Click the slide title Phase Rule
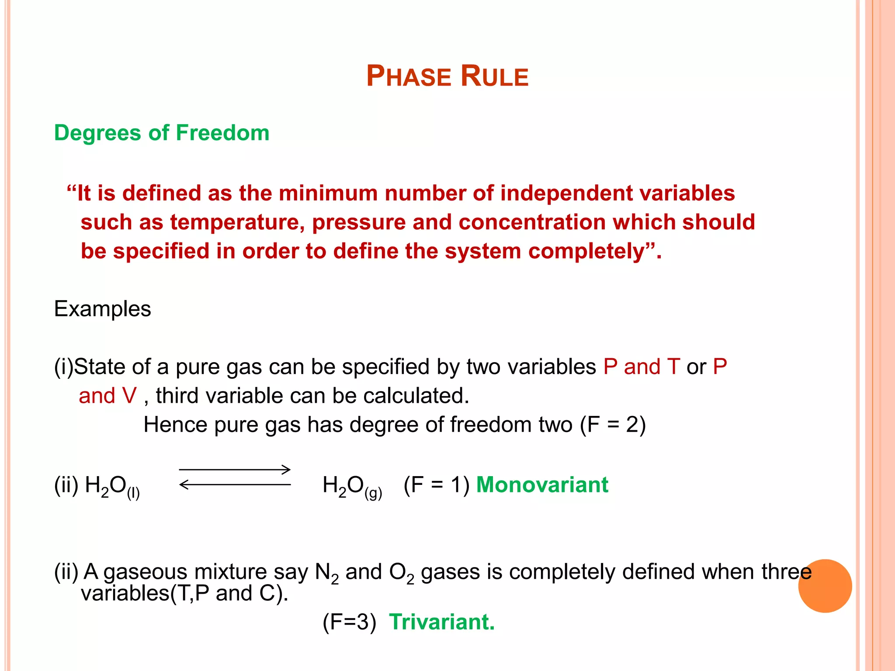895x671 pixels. (x=447, y=76)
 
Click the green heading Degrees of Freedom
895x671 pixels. (x=162, y=133)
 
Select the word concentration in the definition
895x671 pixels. (x=531, y=222)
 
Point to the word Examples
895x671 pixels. (x=103, y=309)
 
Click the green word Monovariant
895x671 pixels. (x=542, y=485)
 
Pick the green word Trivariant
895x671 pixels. (x=441, y=622)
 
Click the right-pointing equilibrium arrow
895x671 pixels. (x=235, y=470)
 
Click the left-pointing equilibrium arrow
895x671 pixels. (x=235, y=484)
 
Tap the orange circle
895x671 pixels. (x=825, y=586)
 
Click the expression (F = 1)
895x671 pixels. (x=436, y=485)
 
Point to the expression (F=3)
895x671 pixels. (x=349, y=622)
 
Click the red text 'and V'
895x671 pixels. (x=108, y=396)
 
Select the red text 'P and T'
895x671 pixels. (x=642, y=367)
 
